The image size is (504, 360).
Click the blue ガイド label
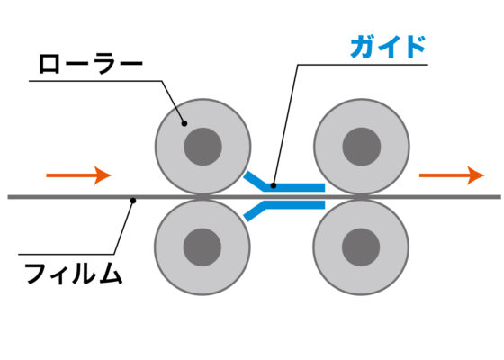388,47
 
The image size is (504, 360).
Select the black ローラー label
90,64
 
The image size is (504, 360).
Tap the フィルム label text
74,274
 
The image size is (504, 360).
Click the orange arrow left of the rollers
79,175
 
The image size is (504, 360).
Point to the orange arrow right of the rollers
452,175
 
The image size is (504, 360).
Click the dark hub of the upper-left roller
202,147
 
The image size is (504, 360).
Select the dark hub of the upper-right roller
362,147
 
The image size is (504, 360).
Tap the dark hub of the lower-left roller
202,247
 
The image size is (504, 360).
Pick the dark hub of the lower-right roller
361,247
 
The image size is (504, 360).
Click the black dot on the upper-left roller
184,123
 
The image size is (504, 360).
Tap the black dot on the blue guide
274,185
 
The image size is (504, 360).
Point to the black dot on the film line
133,201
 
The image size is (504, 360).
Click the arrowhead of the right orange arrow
476,175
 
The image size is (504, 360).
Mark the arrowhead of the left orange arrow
103,175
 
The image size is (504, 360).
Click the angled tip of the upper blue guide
247,175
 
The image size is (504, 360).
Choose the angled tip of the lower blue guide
247,218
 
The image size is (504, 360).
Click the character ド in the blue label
415,47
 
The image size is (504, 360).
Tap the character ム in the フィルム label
110,274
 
